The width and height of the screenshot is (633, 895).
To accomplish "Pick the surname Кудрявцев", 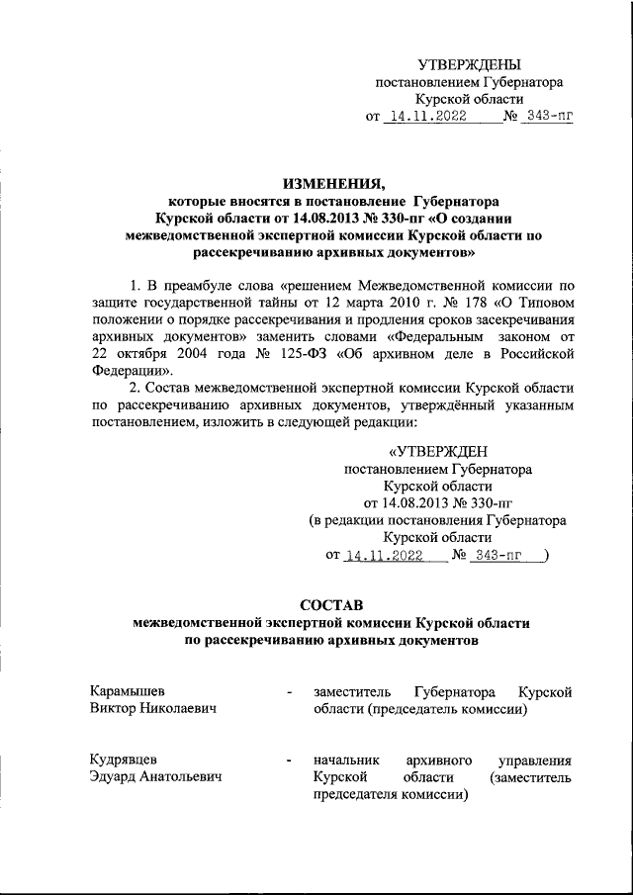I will coord(123,760).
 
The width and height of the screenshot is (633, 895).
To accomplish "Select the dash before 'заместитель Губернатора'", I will coord(287,692).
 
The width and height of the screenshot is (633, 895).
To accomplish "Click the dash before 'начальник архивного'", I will coord(287,761).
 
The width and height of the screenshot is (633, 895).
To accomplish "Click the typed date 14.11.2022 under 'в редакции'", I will coord(383,556).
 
